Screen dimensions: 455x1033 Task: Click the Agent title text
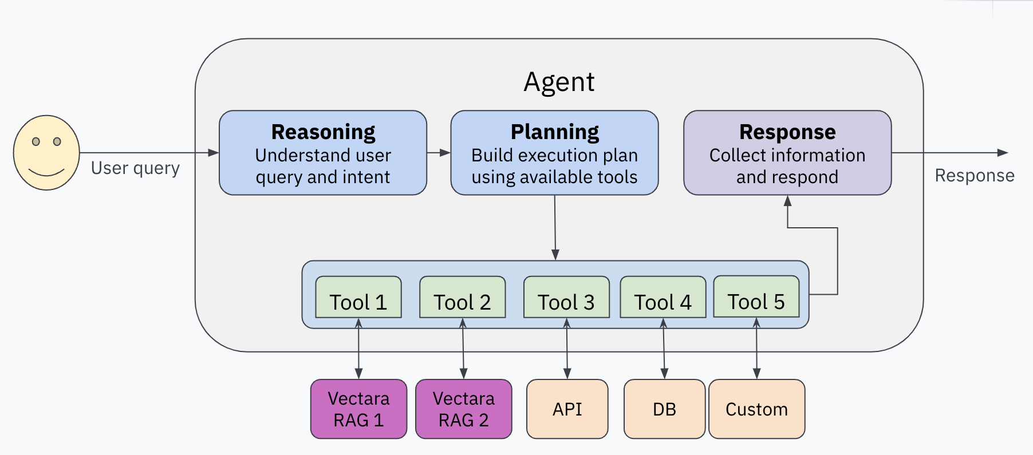[559, 82]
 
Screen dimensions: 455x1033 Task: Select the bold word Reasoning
[323, 132]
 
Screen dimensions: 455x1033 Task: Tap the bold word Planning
[554, 132]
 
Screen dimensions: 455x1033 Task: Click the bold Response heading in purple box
[787, 132]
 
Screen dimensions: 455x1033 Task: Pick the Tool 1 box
[358, 298]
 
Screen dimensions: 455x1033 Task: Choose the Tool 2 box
[462, 298]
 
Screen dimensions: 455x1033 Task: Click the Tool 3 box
[566, 298]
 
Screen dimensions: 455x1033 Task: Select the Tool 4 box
[663, 298]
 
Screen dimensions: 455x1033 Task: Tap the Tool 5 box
[756, 297]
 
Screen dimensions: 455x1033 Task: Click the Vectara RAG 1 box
[358, 409]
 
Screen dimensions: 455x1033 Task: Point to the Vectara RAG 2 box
[463, 409]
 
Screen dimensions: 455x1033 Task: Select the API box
[567, 409]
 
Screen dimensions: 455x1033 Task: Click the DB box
[664, 409]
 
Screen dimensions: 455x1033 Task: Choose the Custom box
[756, 409]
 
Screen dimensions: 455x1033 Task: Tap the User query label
[135, 168]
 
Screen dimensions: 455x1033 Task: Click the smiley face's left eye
[36, 141]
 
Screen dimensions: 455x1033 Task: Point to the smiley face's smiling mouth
[46, 172]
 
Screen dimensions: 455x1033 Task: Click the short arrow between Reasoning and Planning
[439, 153]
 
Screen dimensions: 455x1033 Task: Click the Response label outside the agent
[974, 176]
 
